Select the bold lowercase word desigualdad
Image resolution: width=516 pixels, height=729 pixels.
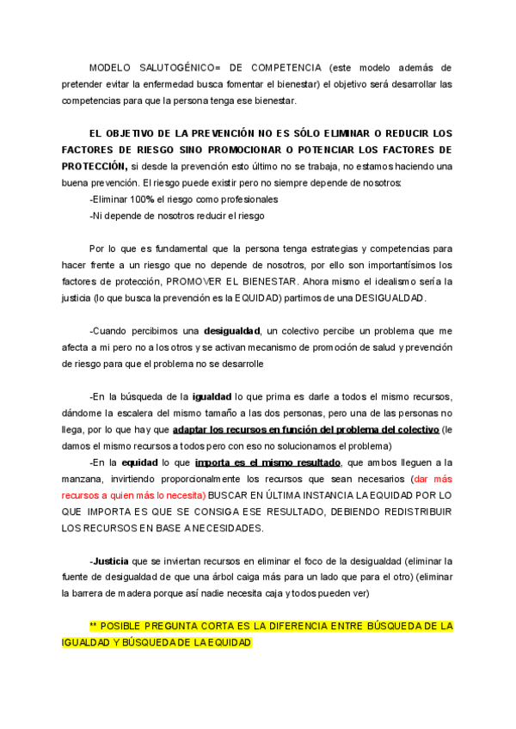point(232,331)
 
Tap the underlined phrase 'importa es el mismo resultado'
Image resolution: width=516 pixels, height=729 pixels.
point(267,463)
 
